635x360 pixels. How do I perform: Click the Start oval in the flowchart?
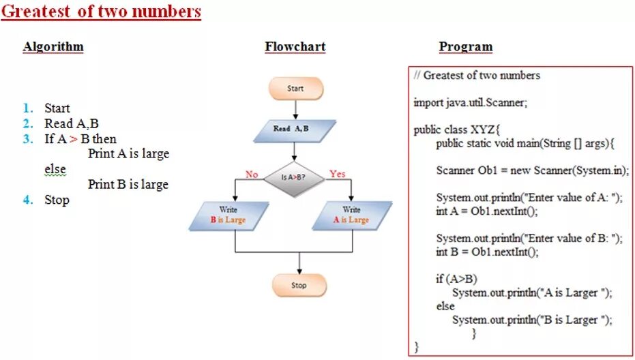click(295, 89)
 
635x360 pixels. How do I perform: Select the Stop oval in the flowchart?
click(299, 285)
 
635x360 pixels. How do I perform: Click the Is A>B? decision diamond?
click(293, 179)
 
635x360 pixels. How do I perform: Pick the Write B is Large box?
click(228, 215)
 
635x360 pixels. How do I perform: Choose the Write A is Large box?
click(351, 215)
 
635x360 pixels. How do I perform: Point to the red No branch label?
click(252, 175)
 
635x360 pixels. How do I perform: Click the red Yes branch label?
click(337, 174)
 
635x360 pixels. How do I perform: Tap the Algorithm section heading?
click(53, 47)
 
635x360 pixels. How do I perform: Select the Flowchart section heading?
click(295, 47)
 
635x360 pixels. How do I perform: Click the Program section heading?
click(465, 47)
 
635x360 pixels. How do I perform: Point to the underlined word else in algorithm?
click(55, 168)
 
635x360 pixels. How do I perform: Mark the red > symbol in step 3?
click(73, 139)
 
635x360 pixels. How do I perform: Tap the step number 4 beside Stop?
click(27, 200)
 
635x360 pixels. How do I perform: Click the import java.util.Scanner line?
click(471, 103)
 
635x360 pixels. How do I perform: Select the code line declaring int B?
click(487, 252)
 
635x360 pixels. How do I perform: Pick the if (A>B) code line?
click(457, 279)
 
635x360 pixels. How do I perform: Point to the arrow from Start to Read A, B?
click(295, 109)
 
